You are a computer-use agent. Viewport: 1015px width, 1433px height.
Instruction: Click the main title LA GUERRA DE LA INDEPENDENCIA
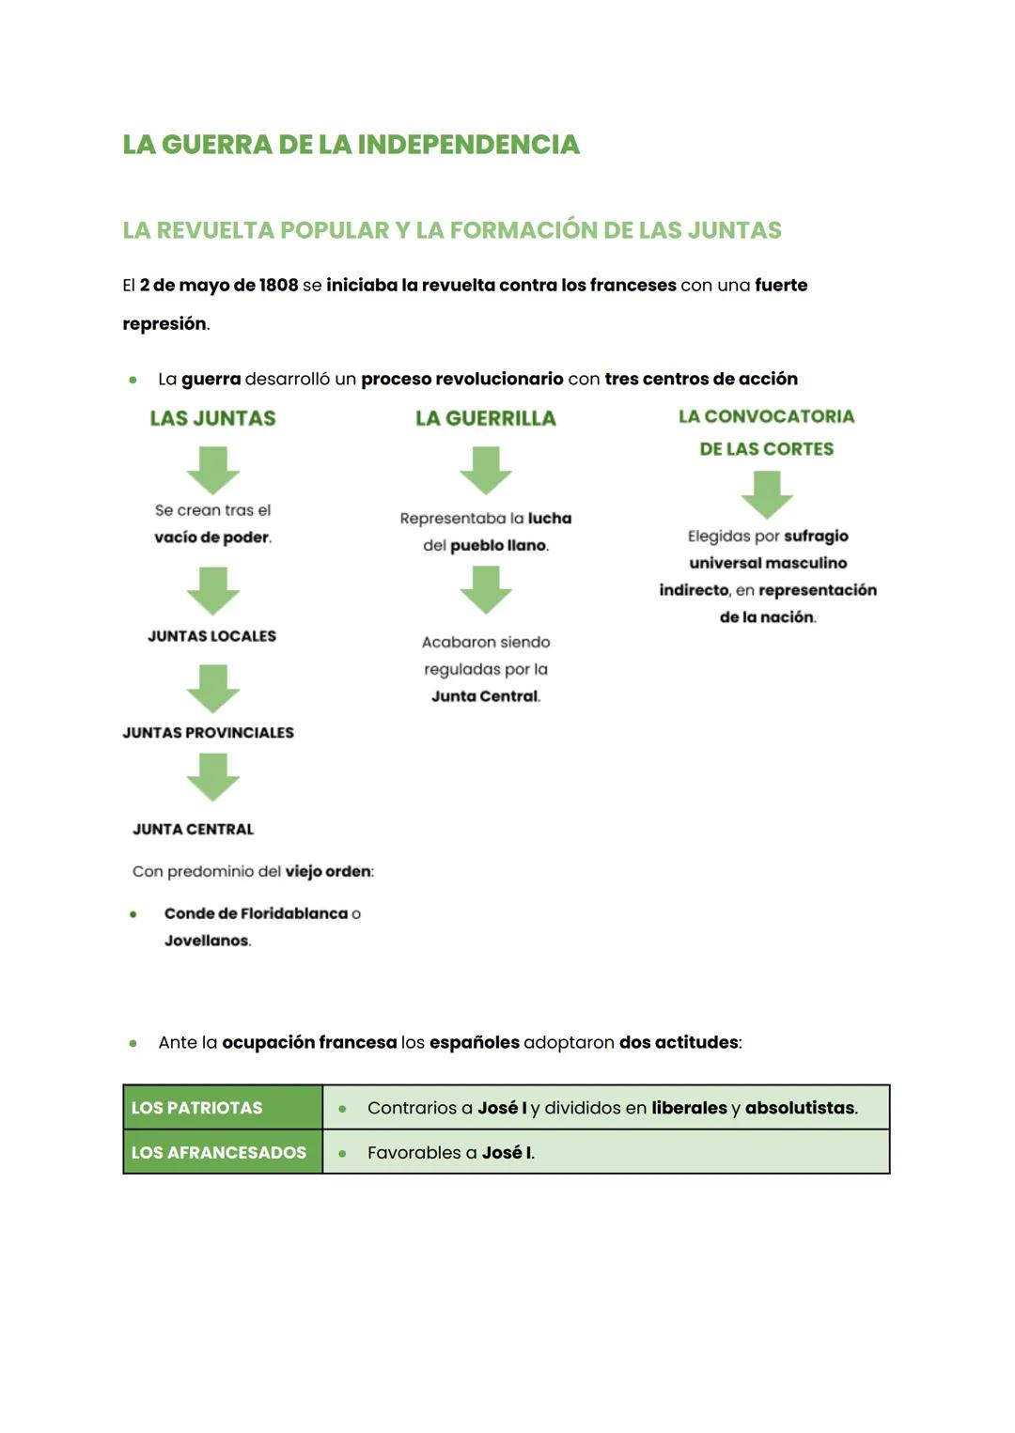pos(351,145)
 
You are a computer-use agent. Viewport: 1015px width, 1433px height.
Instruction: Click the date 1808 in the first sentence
pos(278,285)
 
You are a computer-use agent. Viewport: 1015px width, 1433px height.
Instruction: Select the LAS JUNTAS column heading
pos(212,418)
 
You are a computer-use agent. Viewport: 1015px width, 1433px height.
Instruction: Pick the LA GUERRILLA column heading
pos(486,418)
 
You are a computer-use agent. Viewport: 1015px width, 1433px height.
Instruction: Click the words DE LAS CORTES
pos(766,449)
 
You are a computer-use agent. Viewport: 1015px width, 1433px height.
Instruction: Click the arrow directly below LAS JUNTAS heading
pos(213,470)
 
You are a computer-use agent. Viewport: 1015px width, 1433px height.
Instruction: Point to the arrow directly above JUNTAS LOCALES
pos(213,590)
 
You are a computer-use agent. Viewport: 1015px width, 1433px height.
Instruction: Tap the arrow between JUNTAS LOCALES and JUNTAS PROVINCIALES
pos(213,688)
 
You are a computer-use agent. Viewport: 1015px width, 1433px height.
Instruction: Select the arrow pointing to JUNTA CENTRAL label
pos(213,777)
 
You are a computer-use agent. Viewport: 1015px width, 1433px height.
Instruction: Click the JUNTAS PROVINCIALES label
pos(208,733)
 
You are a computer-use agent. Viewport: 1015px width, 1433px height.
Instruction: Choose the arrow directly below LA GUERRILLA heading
pos(486,470)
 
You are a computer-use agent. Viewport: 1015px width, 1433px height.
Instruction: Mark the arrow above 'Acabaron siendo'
pos(486,590)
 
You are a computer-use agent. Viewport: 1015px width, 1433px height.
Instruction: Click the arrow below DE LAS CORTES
pos(767,494)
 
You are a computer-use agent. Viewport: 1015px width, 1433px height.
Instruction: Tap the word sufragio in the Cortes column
pos(816,537)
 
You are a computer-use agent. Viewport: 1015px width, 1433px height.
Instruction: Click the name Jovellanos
pos(207,941)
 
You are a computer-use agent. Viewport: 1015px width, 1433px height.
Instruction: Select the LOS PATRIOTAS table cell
pos(223,1108)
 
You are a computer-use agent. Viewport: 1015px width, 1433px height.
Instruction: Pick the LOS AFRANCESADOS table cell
pos(223,1153)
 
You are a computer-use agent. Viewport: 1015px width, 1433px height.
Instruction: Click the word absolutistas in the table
pos(800,1108)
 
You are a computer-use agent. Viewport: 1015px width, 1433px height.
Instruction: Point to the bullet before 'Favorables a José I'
pos(342,1153)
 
